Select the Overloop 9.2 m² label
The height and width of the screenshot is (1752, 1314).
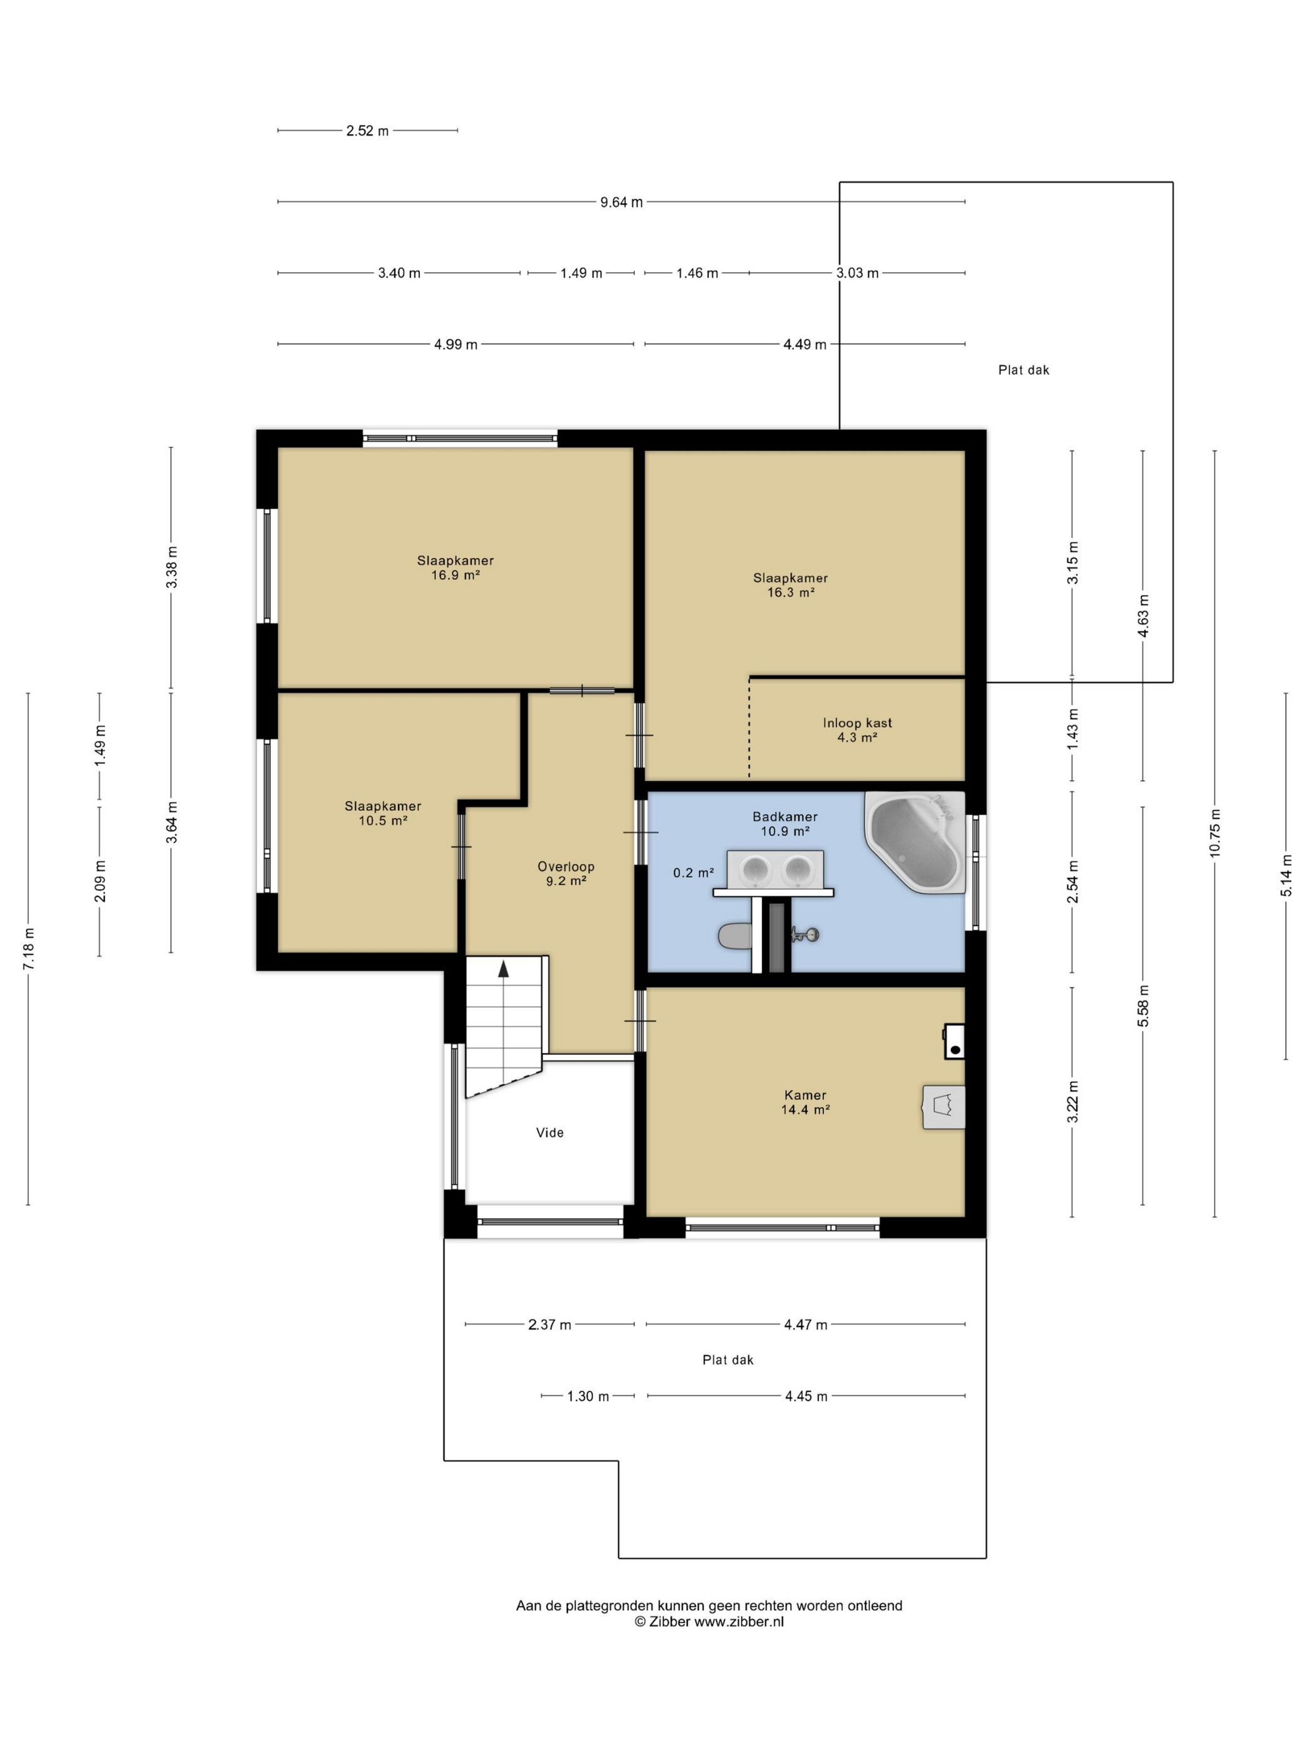(566, 873)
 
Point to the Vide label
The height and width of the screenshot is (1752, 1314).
(549, 1133)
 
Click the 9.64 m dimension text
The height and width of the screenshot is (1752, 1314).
(621, 202)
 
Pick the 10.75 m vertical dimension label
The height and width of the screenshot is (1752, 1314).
(1215, 833)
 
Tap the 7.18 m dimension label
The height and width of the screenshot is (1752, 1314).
(29, 949)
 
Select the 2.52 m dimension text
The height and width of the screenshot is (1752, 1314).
(367, 131)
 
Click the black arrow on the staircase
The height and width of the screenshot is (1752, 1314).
(503, 969)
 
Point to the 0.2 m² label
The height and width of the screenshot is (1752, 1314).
(693, 873)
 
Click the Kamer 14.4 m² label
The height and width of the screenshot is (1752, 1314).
(805, 1103)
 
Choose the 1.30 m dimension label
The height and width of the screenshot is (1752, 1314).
(588, 1397)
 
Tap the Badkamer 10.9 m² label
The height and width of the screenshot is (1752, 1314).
(785, 823)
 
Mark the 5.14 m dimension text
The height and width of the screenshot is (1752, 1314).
(1286, 875)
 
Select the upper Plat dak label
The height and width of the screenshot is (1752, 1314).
(1023, 370)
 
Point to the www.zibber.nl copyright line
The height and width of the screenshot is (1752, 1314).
(709, 1621)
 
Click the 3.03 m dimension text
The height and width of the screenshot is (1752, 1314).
(857, 273)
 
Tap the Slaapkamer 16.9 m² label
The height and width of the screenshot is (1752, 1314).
(456, 568)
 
